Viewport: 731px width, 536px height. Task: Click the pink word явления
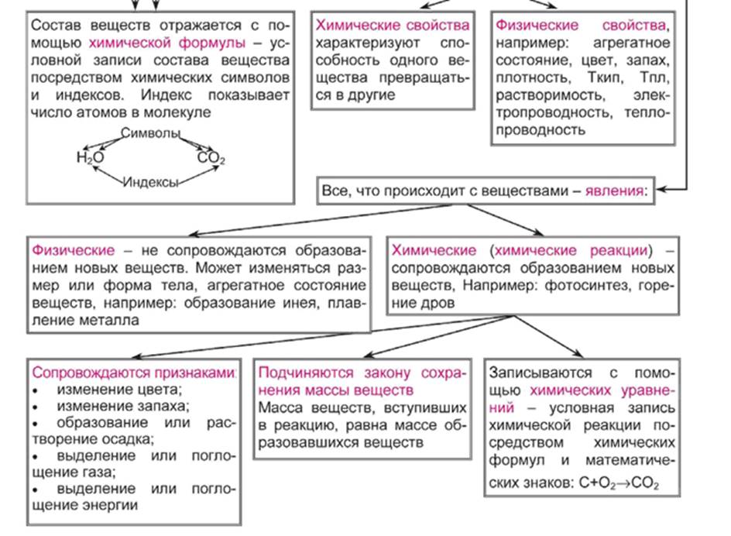pos(616,190)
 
